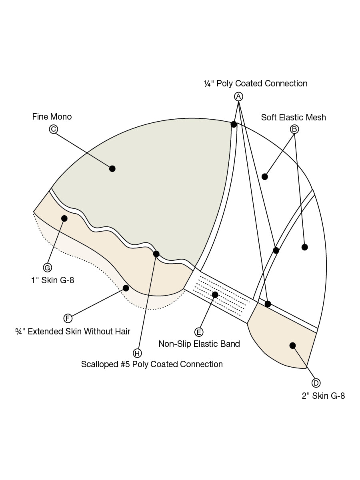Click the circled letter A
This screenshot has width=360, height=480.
(x=238, y=96)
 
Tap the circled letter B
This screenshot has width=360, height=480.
(x=294, y=129)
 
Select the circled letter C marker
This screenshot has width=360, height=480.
(x=53, y=129)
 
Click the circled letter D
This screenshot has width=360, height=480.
(x=316, y=383)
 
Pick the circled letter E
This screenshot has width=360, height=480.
(x=199, y=332)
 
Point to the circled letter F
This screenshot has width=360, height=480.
(x=68, y=318)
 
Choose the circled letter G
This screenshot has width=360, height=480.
(x=48, y=268)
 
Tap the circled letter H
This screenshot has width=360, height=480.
(x=137, y=353)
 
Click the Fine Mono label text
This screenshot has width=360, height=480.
(x=52, y=116)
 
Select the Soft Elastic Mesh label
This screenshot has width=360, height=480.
(x=294, y=118)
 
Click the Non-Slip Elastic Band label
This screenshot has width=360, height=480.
(x=199, y=344)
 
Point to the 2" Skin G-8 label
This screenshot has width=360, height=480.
(x=323, y=396)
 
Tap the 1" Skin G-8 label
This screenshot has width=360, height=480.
(x=53, y=280)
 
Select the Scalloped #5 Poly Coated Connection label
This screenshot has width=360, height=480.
(x=152, y=364)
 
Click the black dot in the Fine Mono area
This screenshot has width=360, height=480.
(x=112, y=169)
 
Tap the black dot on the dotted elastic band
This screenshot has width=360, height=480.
(x=215, y=295)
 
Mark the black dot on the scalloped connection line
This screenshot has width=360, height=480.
(x=156, y=254)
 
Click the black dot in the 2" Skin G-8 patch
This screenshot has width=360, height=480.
(x=292, y=346)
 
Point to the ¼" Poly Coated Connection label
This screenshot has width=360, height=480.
(x=256, y=84)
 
